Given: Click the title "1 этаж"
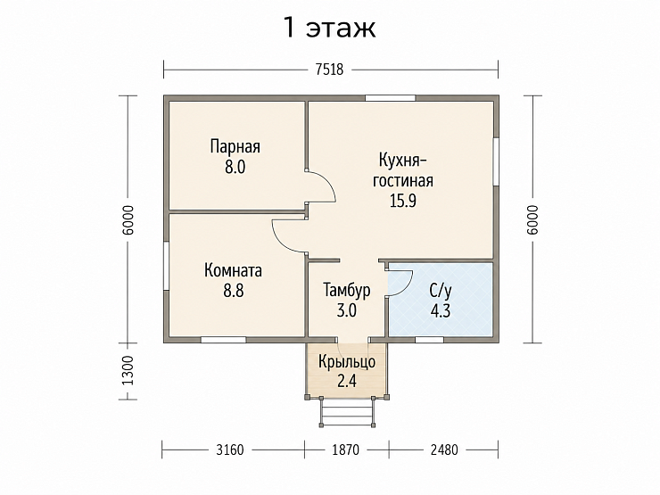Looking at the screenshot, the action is [330, 29].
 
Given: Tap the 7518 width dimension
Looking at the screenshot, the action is [330, 69].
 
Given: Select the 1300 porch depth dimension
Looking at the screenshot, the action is [128, 371].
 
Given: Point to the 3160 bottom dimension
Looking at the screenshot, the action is [230, 450].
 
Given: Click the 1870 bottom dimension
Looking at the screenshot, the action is [345, 450].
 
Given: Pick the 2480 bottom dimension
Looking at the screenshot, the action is [444, 450].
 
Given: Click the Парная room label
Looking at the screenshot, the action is [235, 147].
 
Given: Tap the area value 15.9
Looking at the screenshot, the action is [403, 201].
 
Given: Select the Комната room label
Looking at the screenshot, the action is [233, 270].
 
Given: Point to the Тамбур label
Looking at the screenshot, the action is [347, 290].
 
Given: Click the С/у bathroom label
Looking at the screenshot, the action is [441, 291].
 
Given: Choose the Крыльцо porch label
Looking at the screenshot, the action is [347, 361].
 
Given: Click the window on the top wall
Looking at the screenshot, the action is [390, 98].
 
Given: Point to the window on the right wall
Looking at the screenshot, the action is [496, 161].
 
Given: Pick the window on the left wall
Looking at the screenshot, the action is [166, 266].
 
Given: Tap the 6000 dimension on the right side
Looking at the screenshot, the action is [532, 219].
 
